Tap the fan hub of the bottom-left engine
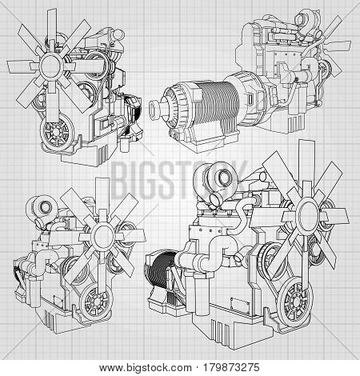(x=102, y=235)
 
